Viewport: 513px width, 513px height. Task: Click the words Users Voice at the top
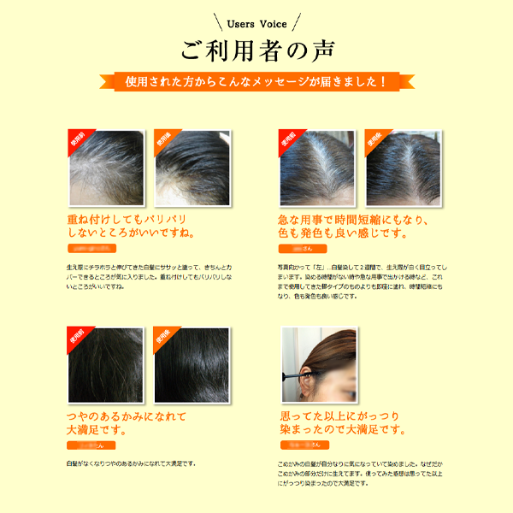[x=256, y=24]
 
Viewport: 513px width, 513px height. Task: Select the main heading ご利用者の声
[x=256, y=50]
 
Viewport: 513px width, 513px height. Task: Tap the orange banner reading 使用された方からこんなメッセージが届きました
[x=256, y=82]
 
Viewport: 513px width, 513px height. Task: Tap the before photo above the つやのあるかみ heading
[x=105, y=365]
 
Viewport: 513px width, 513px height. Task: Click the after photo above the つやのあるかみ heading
[x=192, y=365]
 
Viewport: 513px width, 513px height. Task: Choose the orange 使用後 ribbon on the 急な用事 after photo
[x=375, y=139]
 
